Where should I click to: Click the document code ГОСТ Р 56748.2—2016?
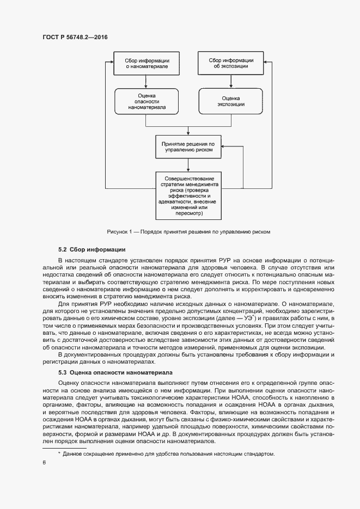75,37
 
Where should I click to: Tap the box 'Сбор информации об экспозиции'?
231,63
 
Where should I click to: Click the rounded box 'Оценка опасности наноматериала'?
147,102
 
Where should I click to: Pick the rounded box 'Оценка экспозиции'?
231,101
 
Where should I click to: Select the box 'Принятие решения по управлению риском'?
188,147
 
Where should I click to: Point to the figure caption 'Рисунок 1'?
188,231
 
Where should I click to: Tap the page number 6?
44,463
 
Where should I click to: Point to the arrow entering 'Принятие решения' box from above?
188,131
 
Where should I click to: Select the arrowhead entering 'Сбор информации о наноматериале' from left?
110,63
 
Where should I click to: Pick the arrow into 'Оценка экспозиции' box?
231,82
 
